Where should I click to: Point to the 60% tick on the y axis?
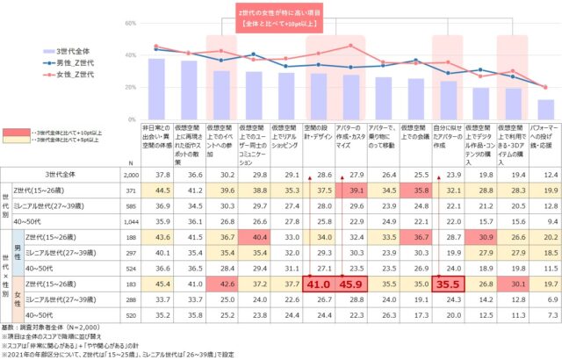pyautogui.click(x=129, y=23)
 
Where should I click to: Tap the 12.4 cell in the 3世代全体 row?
pyautogui.click(x=545, y=176)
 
